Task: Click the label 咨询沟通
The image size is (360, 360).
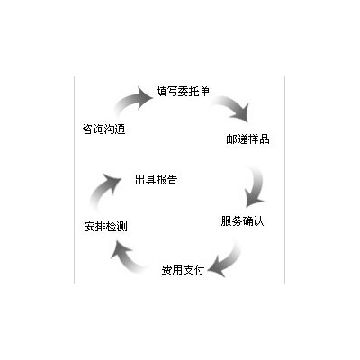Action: [103, 130]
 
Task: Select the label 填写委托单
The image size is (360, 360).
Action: [183, 91]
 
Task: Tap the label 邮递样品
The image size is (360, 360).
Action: [247, 139]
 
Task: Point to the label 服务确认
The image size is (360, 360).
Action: [242, 221]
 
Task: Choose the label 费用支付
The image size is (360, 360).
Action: [183, 269]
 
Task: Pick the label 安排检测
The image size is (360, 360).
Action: [105, 226]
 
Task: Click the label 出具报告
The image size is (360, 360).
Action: [156, 180]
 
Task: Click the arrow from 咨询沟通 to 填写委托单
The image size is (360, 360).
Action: [132, 101]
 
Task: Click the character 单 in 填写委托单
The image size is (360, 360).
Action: [204, 91]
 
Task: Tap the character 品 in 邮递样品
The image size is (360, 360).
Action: [265, 139]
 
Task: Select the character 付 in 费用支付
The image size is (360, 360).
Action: [199, 269]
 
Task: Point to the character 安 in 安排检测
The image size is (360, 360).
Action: [89, 227]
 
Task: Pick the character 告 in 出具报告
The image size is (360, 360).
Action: [172, 180]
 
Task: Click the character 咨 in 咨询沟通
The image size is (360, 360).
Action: [87, 130]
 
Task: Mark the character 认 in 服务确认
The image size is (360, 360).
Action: [258, 221]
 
